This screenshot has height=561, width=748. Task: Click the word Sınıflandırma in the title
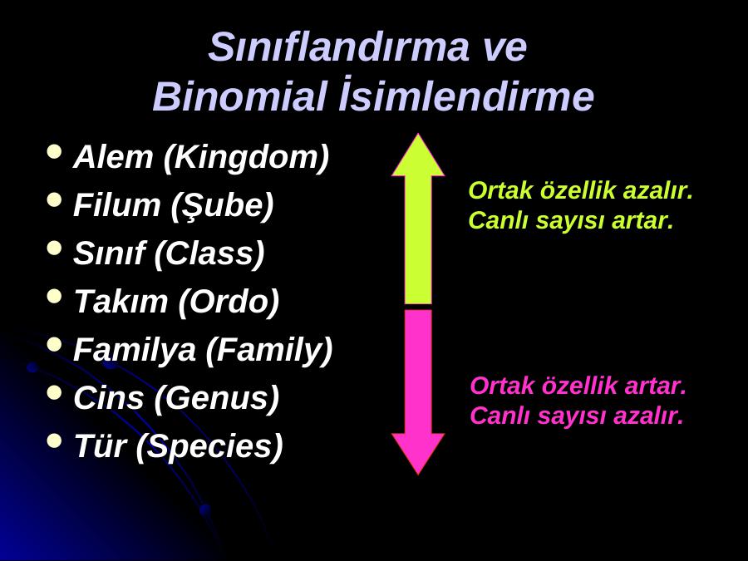click(x=339, y=47)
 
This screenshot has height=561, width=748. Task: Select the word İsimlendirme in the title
click(x=466, y=95)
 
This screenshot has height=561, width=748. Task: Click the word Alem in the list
click(x=113, y=156)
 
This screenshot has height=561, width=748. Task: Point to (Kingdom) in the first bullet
click(x=246, y=158)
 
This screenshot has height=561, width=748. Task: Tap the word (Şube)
click(x=222, y=207)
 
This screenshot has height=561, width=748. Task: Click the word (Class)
click(x=209, y=254)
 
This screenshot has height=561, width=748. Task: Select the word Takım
click(x=121, y=302)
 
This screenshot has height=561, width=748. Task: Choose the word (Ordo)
click(x=229, y=303)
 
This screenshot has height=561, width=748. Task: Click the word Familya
click(x=135, y=351)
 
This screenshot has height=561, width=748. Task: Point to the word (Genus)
click(x=217, y=399)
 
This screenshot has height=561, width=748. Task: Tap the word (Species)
click(x=209, y=447)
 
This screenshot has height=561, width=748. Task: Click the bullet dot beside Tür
click(x=55, y=440)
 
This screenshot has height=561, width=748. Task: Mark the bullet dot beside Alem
click(x=55, y=151)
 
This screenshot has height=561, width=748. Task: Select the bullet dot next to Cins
click(x=55, y=392)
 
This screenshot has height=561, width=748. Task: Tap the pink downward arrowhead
click(x=418, y=452)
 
